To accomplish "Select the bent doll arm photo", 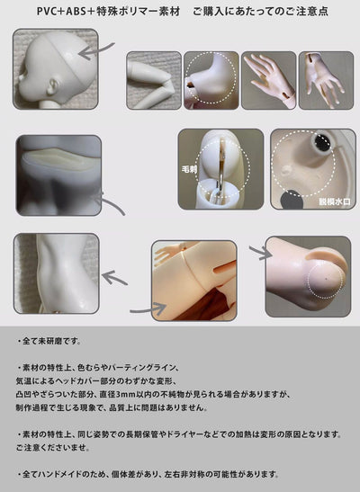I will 153,80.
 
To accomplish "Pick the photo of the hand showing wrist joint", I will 326,80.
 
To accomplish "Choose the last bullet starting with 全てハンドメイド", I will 148,473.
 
